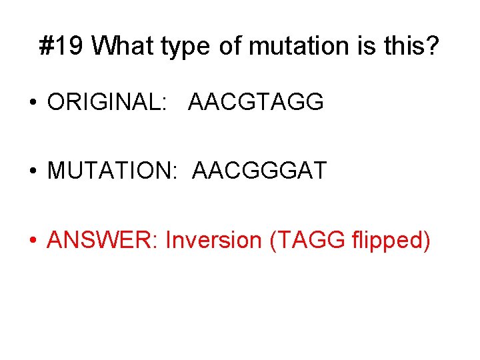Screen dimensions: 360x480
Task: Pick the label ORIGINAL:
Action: pos(109,102)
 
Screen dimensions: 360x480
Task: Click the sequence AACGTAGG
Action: pos(256,102)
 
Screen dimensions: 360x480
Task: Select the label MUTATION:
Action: pos(112,171)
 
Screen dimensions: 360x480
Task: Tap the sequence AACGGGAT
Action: pos(260,171)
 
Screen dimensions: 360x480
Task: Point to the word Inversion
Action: pos(213,239)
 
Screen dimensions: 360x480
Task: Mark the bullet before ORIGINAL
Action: pos(32,103)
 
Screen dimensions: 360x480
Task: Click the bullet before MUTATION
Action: pos(32,172)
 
